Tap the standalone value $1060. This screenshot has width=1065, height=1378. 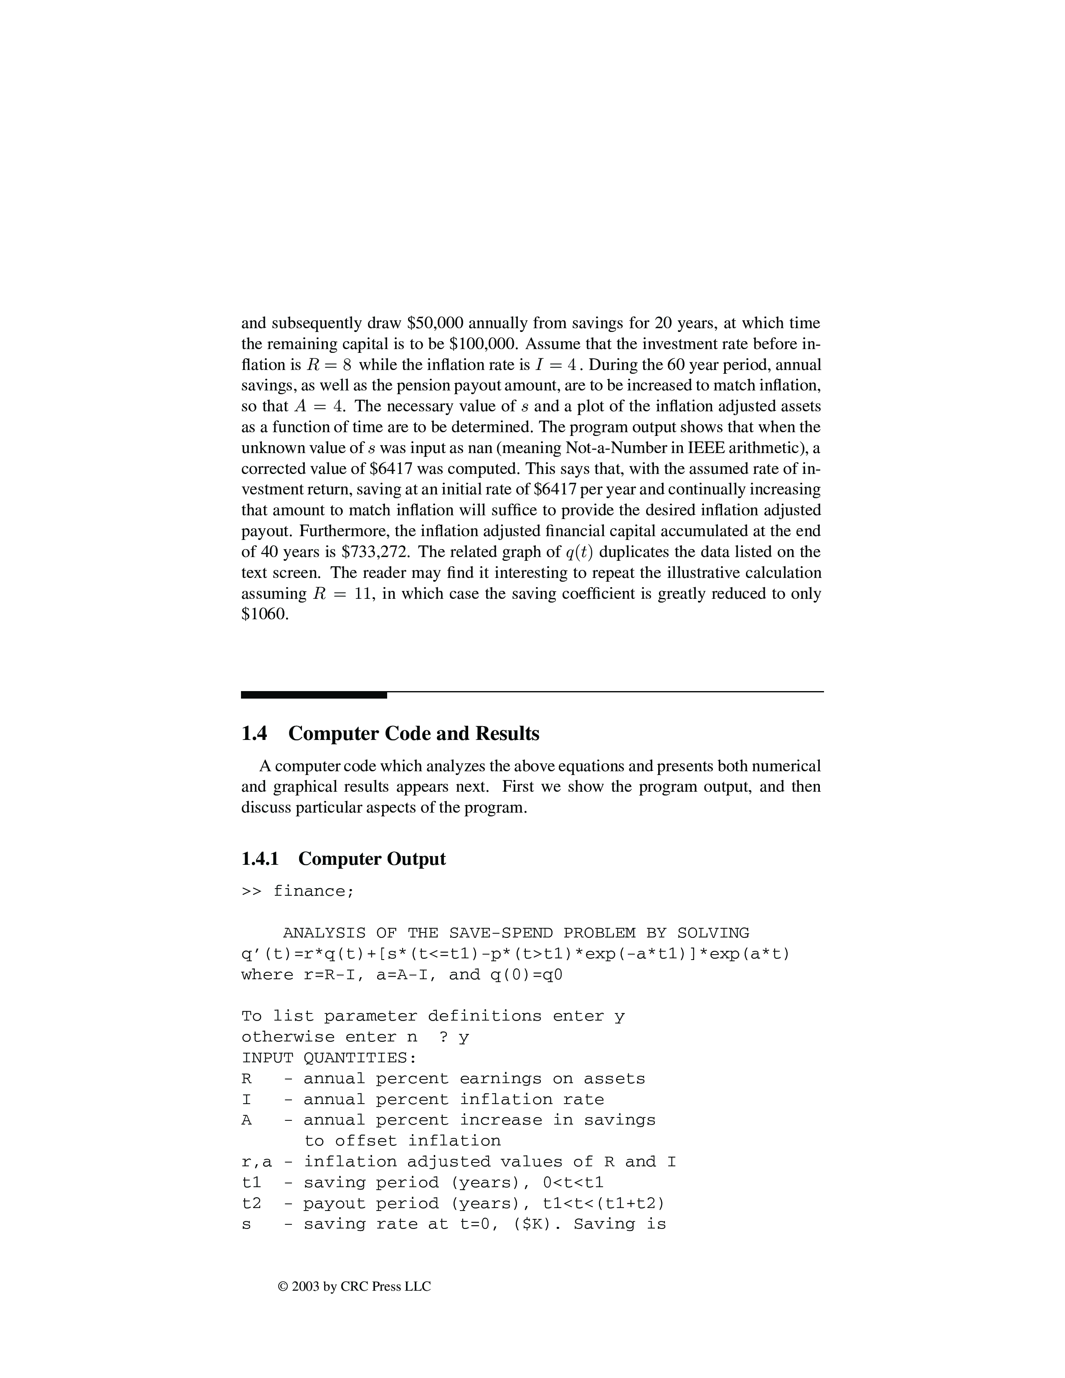pos(264,614)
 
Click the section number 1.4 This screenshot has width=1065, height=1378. pos(254,734)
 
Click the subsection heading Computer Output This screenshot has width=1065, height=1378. pos(372,859)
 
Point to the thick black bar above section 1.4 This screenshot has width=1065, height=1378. pos(314,695)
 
